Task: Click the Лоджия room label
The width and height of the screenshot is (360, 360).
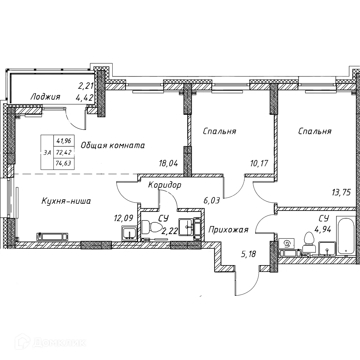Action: click(45, 97)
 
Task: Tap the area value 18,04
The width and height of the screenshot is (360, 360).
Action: click(168, 163)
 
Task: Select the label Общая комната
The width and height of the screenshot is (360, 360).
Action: click(113, 145)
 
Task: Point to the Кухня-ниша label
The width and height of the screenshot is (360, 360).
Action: click(66, 201)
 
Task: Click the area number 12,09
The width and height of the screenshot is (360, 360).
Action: click(123, 218)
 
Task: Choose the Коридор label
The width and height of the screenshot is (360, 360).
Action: click(165, 185)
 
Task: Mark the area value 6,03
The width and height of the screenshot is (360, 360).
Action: click(212, 201)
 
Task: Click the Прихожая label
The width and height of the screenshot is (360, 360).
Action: click(229, 229)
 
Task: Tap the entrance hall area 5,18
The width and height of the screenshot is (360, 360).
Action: click(248, 254)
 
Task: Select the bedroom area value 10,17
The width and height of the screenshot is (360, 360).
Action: click(259, 163)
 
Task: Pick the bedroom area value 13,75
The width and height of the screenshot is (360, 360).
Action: click(341, 192)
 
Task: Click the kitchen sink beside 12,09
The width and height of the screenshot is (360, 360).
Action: click(130, 233)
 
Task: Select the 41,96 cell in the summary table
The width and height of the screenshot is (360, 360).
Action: click(64, 140)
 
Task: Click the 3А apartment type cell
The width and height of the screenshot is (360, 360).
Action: click(47, 152)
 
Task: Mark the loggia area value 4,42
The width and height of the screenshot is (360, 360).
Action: click(84, 98)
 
